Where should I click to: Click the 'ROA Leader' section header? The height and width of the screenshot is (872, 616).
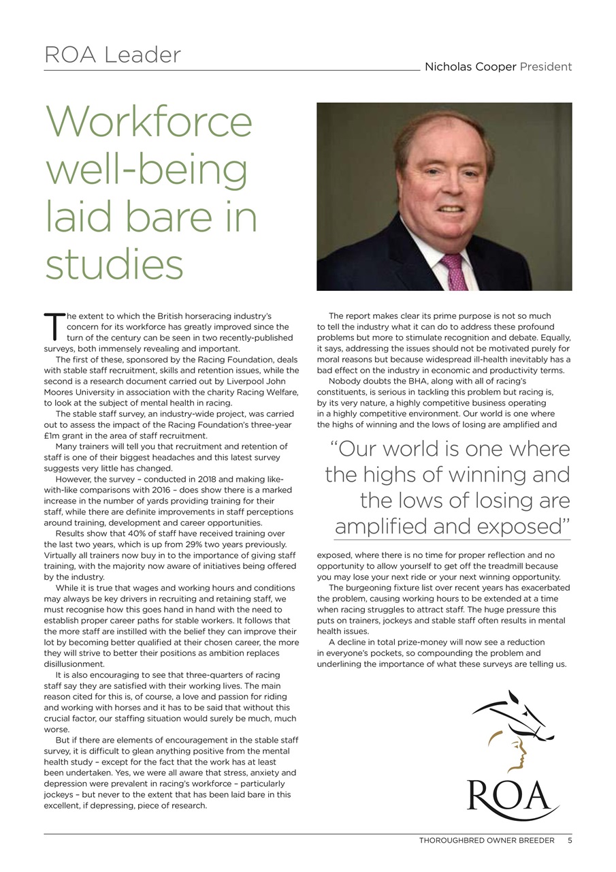pos(112,54)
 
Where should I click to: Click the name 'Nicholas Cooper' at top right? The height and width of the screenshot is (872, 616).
pos(470,67)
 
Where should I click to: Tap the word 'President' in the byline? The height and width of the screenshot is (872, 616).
pos(546,67)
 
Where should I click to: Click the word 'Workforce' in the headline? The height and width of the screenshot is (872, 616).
pos(149,122)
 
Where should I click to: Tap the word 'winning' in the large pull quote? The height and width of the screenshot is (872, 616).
pos(485,474)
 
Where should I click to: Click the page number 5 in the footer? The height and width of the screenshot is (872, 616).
pos(569,840)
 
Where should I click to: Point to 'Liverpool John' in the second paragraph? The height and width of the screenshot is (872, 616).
pos(266,381)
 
